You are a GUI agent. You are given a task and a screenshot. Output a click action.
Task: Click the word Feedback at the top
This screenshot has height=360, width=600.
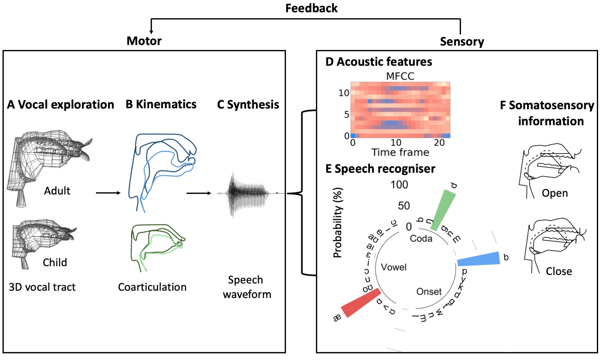[311, 8]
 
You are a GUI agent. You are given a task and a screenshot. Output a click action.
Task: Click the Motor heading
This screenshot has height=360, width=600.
[144, 41]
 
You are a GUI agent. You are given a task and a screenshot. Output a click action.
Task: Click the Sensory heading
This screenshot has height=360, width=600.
[462, 41]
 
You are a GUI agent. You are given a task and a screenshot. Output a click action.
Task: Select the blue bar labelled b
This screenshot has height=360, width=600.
[479, 259]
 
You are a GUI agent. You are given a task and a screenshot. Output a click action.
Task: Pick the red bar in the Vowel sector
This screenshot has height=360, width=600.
[361, 303]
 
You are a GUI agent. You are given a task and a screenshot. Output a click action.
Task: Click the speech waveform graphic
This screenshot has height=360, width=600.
[248, 194]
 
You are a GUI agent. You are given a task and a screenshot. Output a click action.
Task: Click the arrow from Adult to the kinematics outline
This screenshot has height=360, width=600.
[108, 193]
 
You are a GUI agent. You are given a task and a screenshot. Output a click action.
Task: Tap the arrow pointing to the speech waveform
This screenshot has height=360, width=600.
[199, 193]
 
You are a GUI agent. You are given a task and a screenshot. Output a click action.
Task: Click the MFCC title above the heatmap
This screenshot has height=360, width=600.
[400, 76]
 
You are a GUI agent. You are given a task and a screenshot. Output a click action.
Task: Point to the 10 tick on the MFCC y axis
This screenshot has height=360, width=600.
[344, 93]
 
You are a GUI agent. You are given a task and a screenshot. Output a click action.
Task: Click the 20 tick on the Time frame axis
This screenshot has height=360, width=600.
[439, 143]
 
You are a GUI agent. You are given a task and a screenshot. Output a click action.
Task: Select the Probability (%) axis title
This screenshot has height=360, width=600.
[338, 223]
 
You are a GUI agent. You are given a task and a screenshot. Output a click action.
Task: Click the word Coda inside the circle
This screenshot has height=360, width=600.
[421, 239]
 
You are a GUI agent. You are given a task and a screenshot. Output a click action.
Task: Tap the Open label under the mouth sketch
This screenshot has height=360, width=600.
[554, 193]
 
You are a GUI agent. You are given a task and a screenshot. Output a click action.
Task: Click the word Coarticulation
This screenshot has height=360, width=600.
[152, 287]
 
